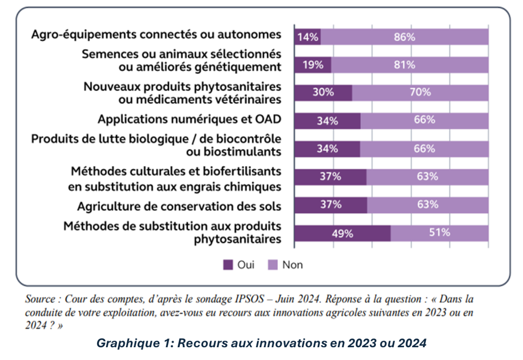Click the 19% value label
[x=311, y=65]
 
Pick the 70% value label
[x=421, y=92]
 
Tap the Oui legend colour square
[x=227, y=265]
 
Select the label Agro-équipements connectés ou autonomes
[x=156, y=34]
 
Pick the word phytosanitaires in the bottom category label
[x=236, y=239]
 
